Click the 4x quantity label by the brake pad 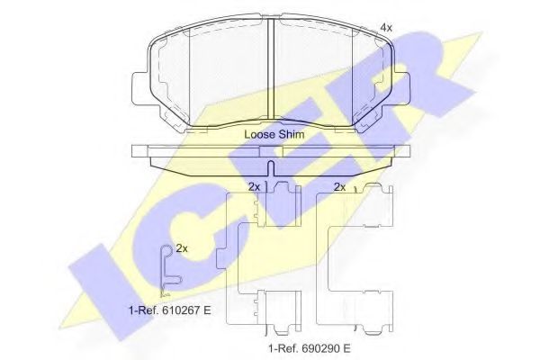tap(386, 29)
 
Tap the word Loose tap(258, 134)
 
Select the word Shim tap(290, 134)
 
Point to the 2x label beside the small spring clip tap(182, 247)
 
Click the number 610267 tap(175, 310)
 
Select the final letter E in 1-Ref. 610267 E tap(207, 310)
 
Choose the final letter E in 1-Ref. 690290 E tap(346, 347)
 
